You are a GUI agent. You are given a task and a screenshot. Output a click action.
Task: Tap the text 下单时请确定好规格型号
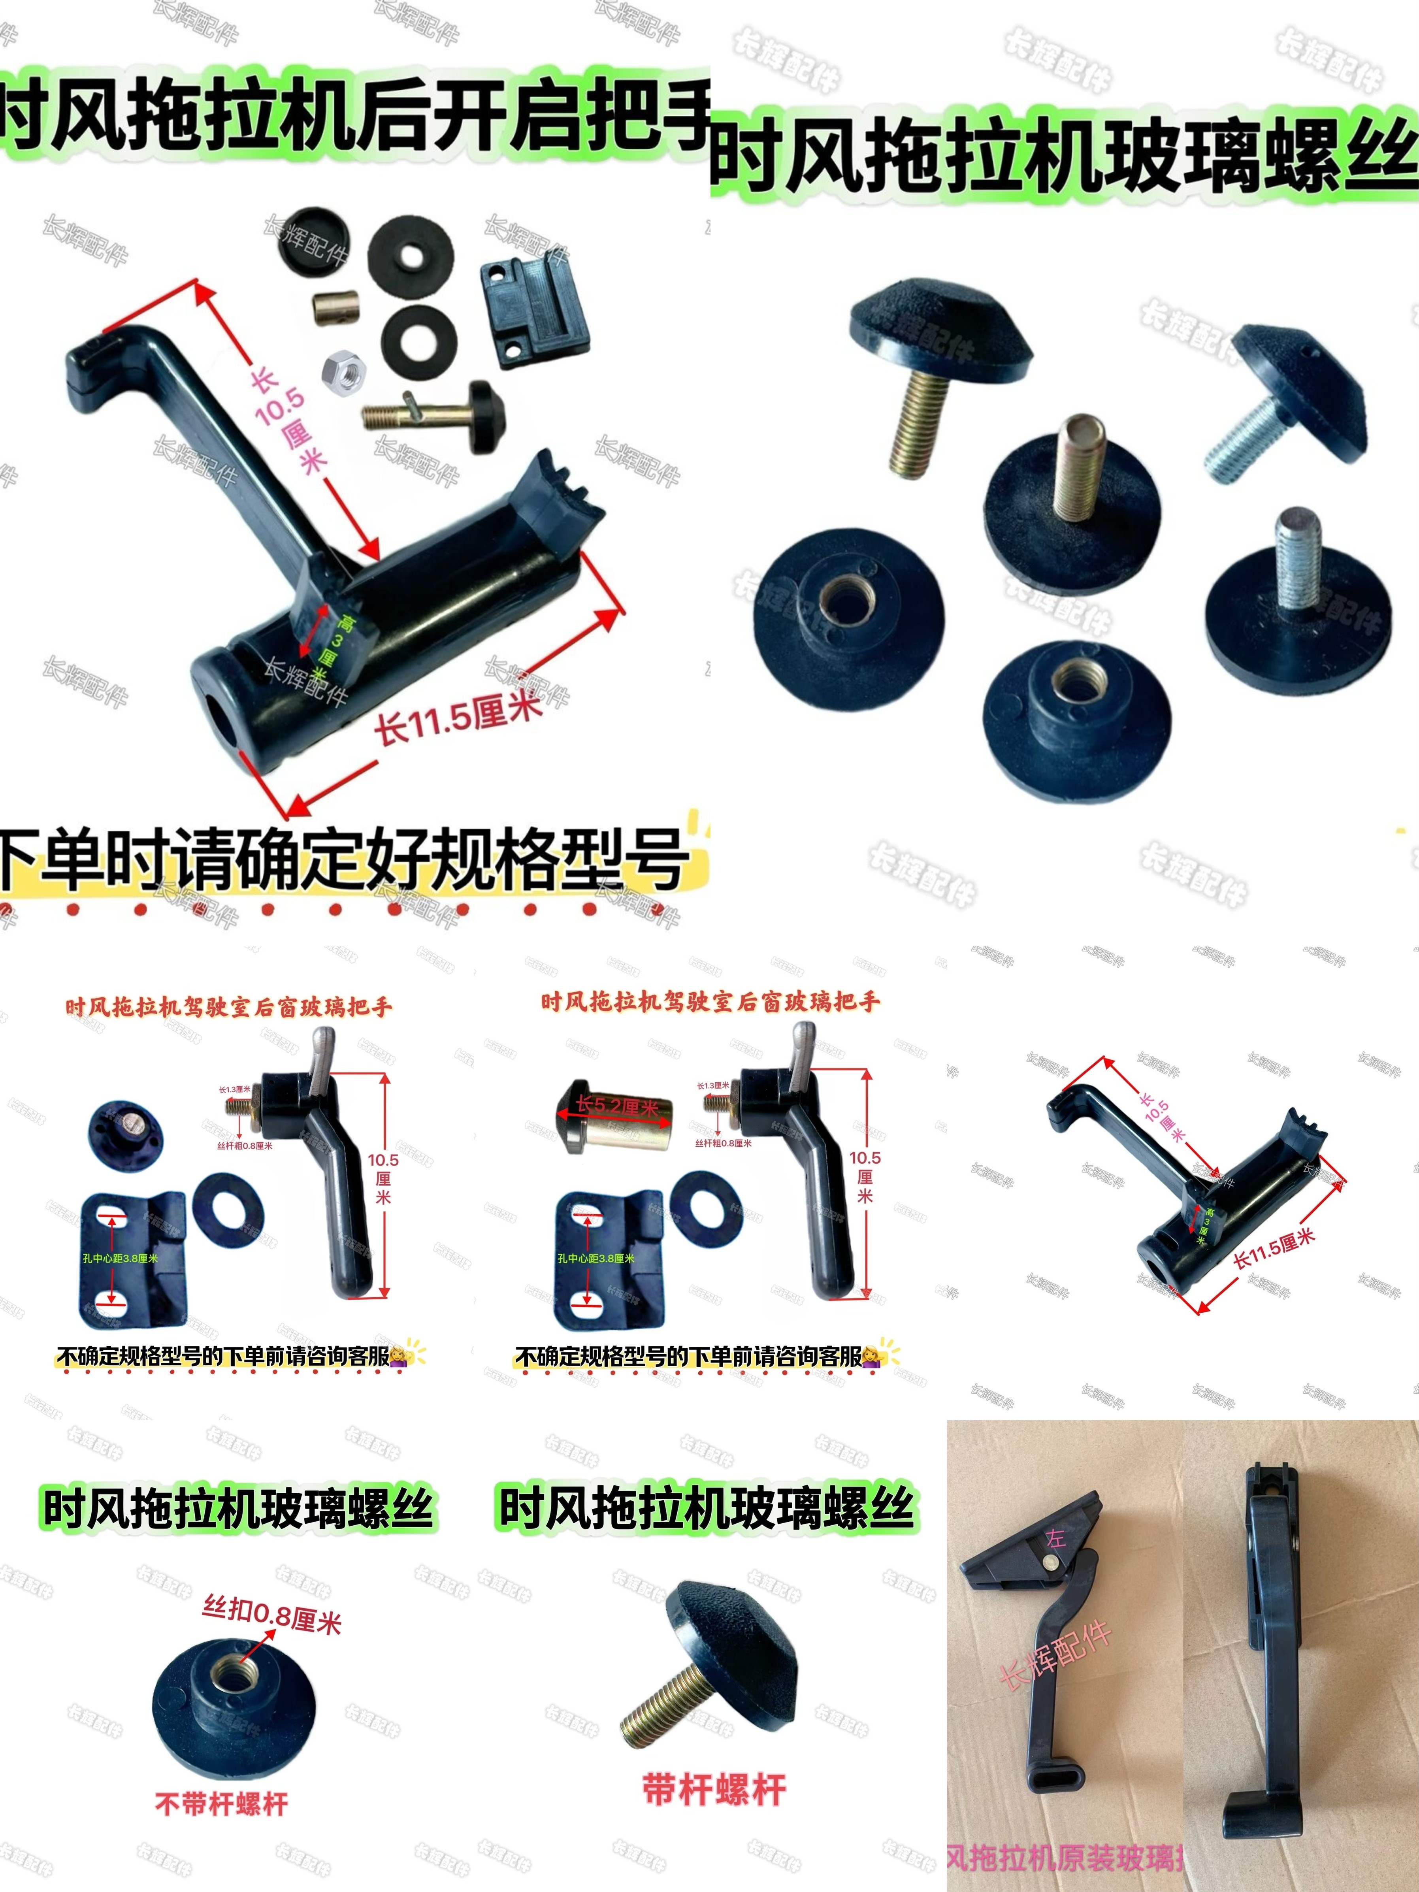[x=342, y=858]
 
